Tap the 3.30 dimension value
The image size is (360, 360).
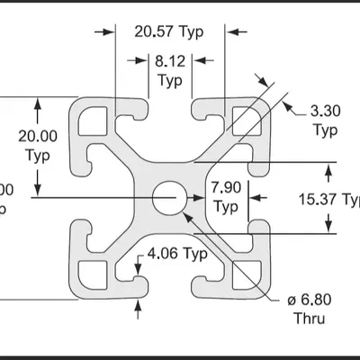pyautogui.click(x=325, y=112)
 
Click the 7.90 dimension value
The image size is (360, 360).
pyautogui.click(x=226, y=187)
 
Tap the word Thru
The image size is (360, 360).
pyautogui.click(x=308, y=319)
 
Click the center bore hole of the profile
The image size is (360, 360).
pyautogui.click(x=167, y=197)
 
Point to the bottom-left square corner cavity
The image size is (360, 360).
pyautogui.click(x=94, y=274)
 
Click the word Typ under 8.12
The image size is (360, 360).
pyautogui.click(x=169, y=79)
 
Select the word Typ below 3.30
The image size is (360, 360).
pyautogui.click(x=325, y=130)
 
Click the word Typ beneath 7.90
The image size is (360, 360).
pyautogui.click(x=225, y=206)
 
